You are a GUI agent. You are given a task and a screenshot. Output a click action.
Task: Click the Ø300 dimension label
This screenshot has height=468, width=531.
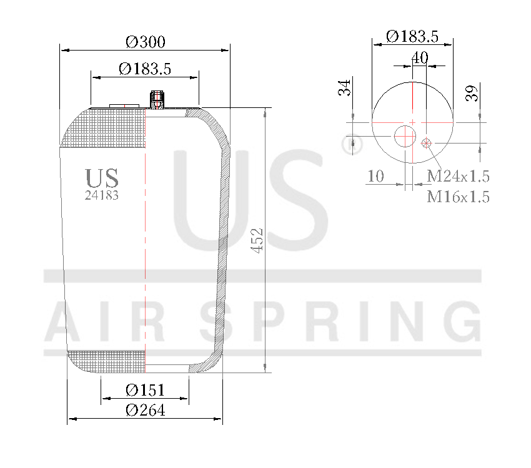pyautogui.click(x=145, y=42)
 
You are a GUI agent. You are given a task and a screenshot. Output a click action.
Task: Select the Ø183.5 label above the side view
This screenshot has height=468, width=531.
pyautogui.click(x=145, y=69)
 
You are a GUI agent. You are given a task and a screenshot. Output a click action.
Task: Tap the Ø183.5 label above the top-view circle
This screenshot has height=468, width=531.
pyautogui.click(x=412, y=36)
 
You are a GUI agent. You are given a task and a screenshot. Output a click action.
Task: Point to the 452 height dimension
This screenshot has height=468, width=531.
pyautogui.click(x=257, y=240)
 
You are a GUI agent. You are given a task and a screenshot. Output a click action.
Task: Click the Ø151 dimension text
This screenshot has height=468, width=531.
pyautogui.click(x=145, y=390)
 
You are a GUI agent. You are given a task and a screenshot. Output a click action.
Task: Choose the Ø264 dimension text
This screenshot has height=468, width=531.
pyautogui.click(x=145, y=410)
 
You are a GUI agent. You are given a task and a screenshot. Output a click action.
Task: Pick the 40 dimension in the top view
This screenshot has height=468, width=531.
pyautogui.click(x=420, y=57)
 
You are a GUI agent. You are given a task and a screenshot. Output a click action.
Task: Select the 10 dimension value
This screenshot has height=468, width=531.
pyautogui.click(x=375, y=176)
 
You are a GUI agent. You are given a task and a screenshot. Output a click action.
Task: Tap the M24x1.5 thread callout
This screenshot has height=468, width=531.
pyautogui.click(x=457, y=176)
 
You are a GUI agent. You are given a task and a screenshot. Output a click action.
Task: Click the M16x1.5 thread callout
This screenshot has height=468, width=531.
pyautogui.click(x=457, y=197)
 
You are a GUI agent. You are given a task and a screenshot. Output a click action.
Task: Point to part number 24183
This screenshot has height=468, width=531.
pyautogui.click(x=101, y=195)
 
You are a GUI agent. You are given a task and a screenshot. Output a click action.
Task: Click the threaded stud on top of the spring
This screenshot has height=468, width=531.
pyautogui.click(x=157, y=99)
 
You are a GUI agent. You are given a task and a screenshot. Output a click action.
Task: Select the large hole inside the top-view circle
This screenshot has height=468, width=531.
pyautogui.click(x=405, y=135)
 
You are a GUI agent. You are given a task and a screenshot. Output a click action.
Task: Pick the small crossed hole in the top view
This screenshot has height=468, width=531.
pyautogui.click(x=427, y=144)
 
